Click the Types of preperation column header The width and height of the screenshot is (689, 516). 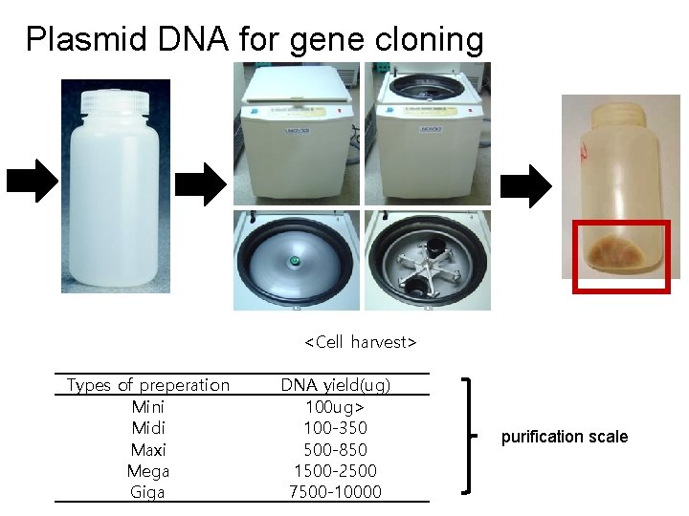(x=148, y=385)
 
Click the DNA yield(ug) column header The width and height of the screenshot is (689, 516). (x=335, y=385)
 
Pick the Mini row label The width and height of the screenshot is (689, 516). (x=148, y=406)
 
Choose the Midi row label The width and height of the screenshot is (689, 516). (x=148, y=427)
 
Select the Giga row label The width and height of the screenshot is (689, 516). (x=148, y=492)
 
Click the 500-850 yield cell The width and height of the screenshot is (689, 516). (x=335, y=449)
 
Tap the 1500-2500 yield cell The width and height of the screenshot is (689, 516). (x=335, y=470)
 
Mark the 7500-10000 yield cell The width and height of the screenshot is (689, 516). (x=335, y=492)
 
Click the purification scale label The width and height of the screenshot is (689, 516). (x=565, y=437)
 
